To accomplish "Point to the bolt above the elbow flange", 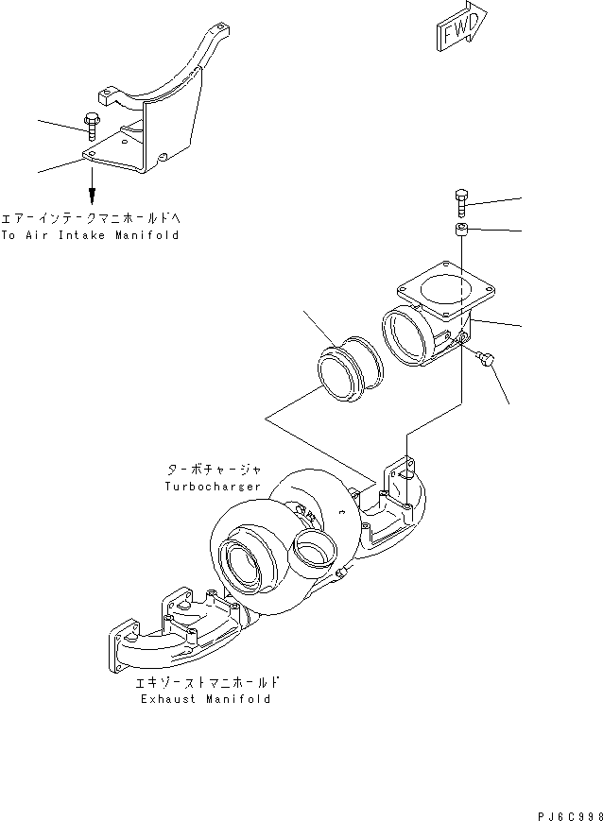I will [x=460, y=204].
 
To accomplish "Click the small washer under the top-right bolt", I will [x=460, y=231].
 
